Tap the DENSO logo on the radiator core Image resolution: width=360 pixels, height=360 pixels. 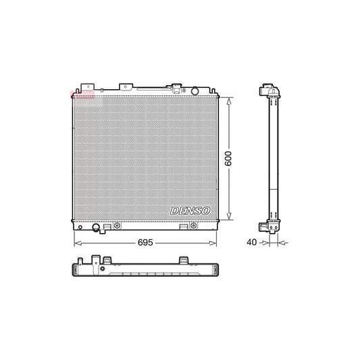tap(190, 211)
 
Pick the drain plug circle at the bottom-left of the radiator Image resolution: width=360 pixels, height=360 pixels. tap(96, 227)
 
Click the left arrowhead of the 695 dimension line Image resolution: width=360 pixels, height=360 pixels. tap(75, 242)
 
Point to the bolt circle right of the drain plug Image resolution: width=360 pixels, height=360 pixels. tap(118, 225)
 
